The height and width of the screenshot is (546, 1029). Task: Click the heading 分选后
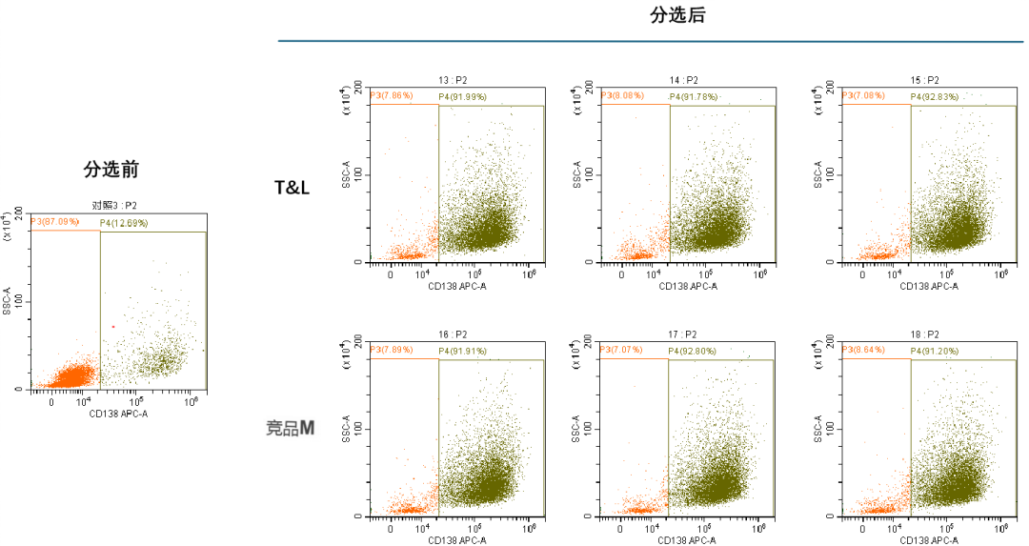coord(677,15)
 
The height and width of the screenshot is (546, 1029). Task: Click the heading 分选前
coord(111,170)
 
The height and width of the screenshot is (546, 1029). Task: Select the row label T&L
coord(293,188)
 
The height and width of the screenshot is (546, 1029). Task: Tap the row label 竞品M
coord(290,428)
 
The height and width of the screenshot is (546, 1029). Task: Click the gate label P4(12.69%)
coord(124,223)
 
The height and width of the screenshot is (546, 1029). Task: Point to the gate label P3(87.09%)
coord(54,221)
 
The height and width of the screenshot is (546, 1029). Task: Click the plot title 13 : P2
coord(453,80)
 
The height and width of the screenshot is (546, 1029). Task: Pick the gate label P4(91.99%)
coord(462,97)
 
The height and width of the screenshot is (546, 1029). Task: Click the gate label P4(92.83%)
coord(934,97)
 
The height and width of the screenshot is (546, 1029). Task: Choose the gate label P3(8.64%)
coord(863,350)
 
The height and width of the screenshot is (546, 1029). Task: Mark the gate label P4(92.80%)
coord(694,351)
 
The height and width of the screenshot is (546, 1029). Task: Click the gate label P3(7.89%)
coord(393,350)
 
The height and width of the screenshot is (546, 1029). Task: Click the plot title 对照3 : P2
coord(114,205)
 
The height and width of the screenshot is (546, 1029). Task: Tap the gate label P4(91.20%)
coord(934,351)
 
